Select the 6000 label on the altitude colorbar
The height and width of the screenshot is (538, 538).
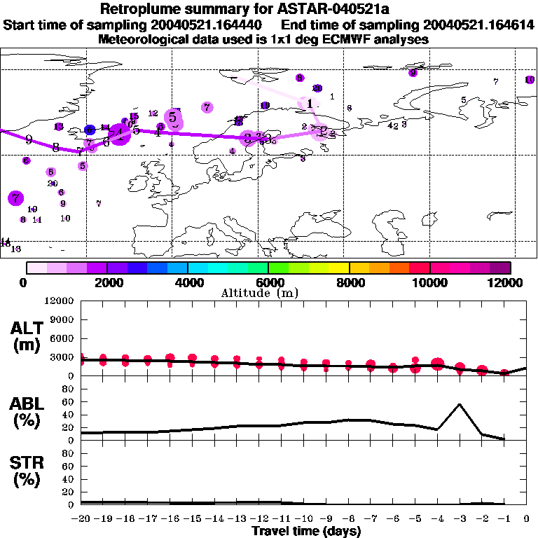click(268, 282)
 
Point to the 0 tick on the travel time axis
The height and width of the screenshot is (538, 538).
click(527, 519)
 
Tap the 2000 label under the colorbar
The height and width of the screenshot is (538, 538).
click(106, 282)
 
